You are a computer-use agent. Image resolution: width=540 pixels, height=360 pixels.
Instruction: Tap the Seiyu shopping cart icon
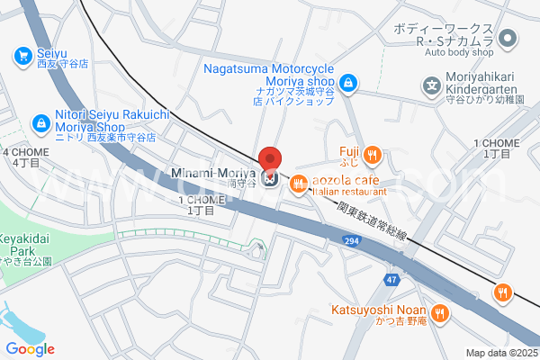tap(22, 56)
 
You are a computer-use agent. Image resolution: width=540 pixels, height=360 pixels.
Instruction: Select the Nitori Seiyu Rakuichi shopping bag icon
tap(40, 122)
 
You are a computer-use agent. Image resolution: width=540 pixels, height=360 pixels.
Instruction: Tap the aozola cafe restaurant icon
tap(298, 184)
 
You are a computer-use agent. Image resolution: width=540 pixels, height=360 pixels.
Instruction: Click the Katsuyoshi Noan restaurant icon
tap(439, 313)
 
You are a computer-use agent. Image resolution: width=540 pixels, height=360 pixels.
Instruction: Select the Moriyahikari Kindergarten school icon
tap(431, 88)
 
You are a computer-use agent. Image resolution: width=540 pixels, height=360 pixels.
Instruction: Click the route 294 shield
tap(352, 240)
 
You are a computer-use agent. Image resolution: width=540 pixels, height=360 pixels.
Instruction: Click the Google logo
tap(30, 348)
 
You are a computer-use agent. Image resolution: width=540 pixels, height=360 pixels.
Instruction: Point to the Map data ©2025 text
tap(501, 353)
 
